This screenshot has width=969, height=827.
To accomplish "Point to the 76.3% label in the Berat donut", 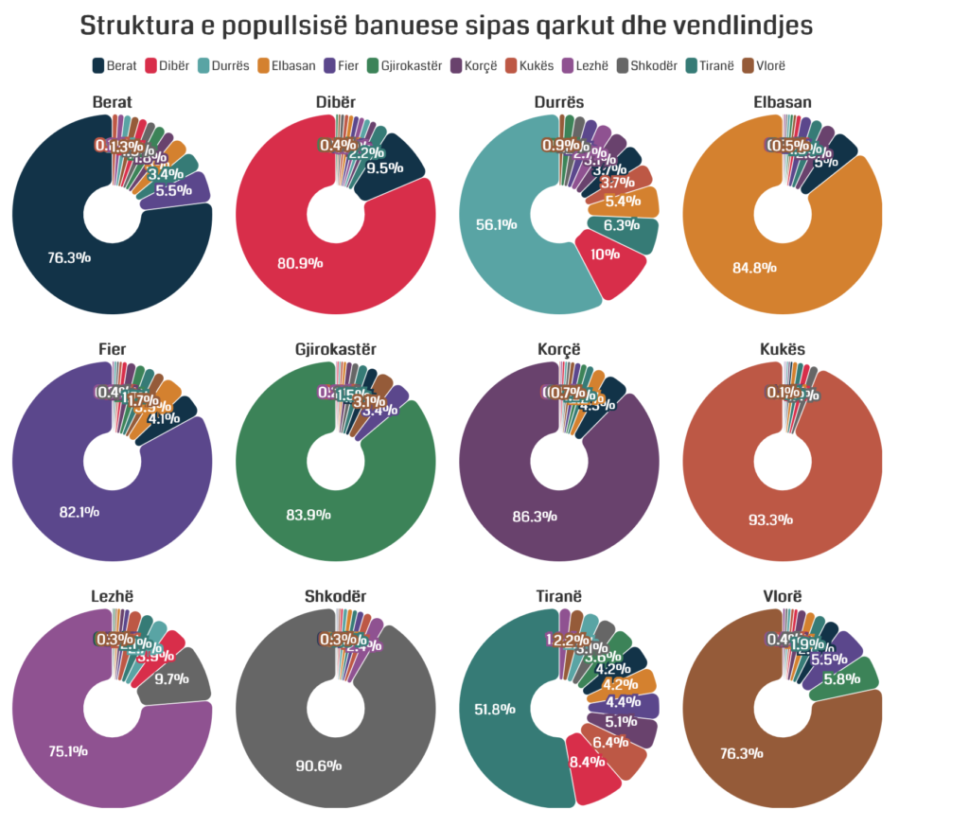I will (69, 256).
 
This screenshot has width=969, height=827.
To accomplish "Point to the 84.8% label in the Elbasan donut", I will (754, 267).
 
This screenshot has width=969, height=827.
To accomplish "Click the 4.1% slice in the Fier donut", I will (168, 417).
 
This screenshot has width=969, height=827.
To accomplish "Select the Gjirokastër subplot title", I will (335, 349).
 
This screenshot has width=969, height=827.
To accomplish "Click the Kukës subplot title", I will (782, 349).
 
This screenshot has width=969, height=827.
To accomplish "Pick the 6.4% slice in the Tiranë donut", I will (616, 746).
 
